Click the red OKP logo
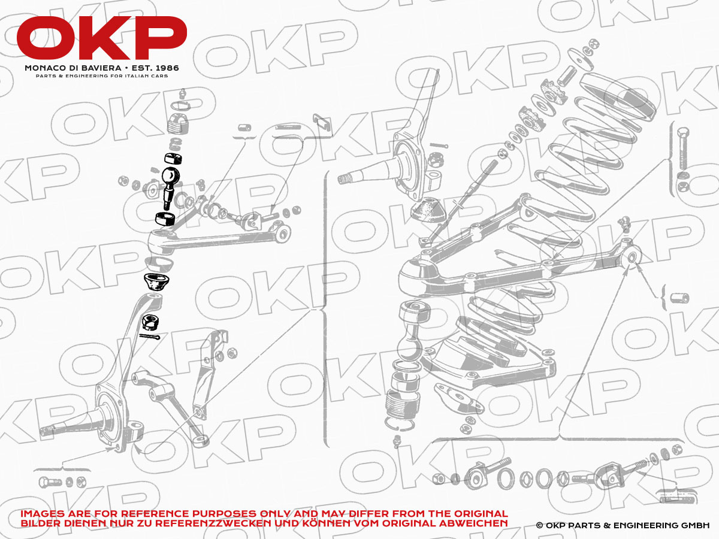coord(101,38)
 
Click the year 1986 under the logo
coord(167,68)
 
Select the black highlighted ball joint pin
coord(170,186)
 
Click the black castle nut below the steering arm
coord(150,322)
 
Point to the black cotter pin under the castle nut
coord(149,337)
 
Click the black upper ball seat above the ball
coord(173,158)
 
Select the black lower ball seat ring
coord(165,219)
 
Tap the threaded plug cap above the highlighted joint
coord(179,125)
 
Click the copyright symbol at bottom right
coord(539,525)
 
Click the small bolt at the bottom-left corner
coord(50,482)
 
